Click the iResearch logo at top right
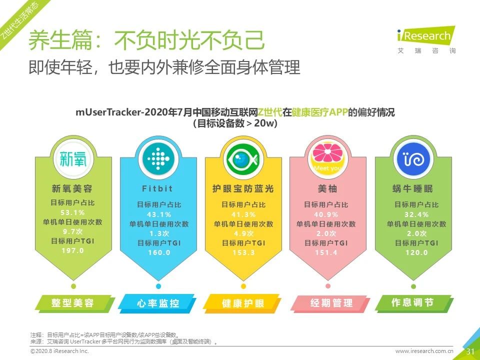click(x=424, y=39)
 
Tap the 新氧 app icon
click(x=73, y=158)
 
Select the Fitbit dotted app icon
click(x=158, y=158)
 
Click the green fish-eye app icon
click(x=243, y=158)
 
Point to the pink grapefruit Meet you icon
click(x=327, y=158)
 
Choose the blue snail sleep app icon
click(x=412, y=158)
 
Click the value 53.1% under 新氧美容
click(x=73, y=212)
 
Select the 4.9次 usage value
click(x=243, y=233)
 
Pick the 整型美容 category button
click(x=73, y=303)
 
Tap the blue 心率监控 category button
click(x=158, y=303)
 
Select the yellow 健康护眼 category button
click(x=243, y=303)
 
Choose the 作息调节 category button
click(x=412, y=303)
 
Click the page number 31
click(x=470, y=351)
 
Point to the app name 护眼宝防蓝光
click(x=243, y=189)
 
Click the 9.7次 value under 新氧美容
click(x=73, y=231)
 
